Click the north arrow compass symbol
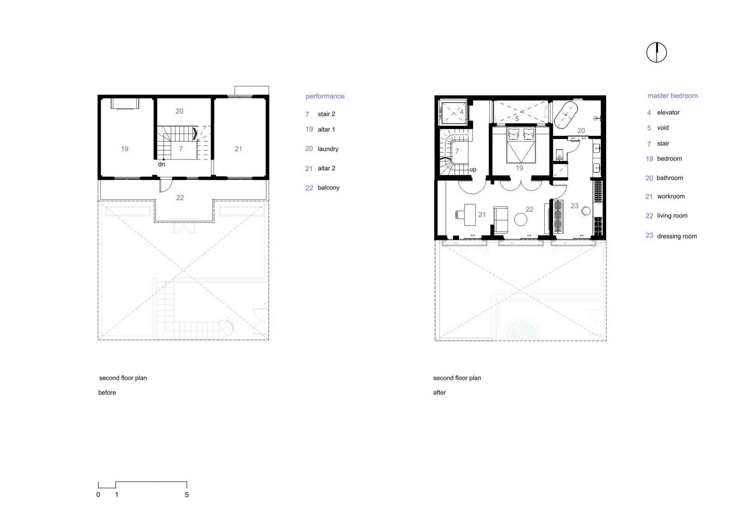[656, 53]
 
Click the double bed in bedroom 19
[521, 145]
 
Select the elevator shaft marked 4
[454, 112]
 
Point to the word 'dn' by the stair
[161, 164]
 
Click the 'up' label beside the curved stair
[473, 170]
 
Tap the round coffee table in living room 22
[521, 219]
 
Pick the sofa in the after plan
[501, 220]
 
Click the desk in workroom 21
[470, 215]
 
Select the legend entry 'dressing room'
[677, 236]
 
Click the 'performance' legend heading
[325, 96]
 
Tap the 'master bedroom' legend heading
[672, 96]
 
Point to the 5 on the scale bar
[187, 495]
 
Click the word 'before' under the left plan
[107, 393]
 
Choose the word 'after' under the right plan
[440, 393]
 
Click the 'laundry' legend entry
[328, 149]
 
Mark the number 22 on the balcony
[180, 198]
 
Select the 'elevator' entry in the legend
[668, 112]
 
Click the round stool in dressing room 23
[586, 211]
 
